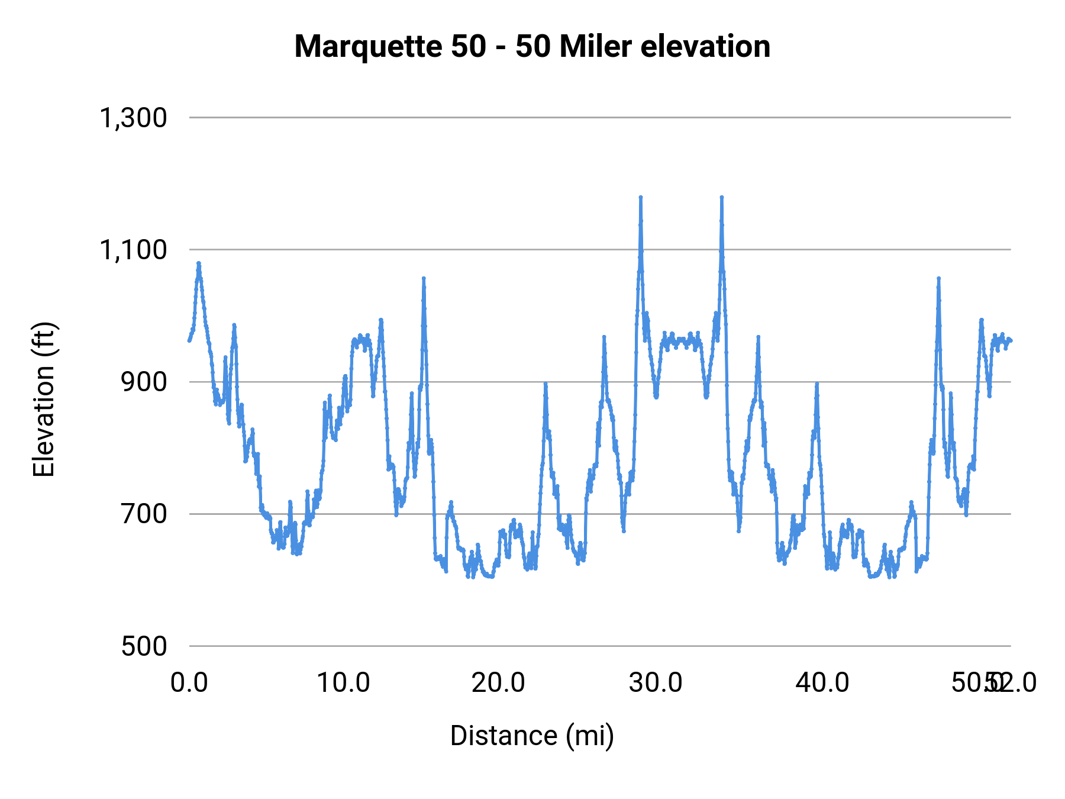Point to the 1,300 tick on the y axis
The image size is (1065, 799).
coord(133,118)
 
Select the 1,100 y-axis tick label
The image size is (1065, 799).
coord(133,250)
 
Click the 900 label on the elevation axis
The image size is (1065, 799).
coord(144,382)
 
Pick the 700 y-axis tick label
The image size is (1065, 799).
coord(144,514)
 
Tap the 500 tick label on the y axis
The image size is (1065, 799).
coord(144,646)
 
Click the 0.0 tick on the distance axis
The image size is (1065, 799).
coord(189,682)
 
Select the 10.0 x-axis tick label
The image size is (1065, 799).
coord(343,682)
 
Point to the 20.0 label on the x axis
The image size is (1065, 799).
coord(498,682)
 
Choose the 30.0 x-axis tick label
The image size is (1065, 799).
coord(656,682)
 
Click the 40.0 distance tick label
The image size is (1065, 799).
coord(822,682)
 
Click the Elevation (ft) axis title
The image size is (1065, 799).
coord(44,399)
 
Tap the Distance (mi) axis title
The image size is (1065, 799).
coord(532,736)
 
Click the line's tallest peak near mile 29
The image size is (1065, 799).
coord(640,197)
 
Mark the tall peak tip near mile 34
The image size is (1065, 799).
coord(721,197)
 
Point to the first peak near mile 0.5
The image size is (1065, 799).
coord(199,263)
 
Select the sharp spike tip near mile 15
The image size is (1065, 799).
coord(424,278)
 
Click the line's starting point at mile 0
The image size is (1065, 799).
coord(189,340)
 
